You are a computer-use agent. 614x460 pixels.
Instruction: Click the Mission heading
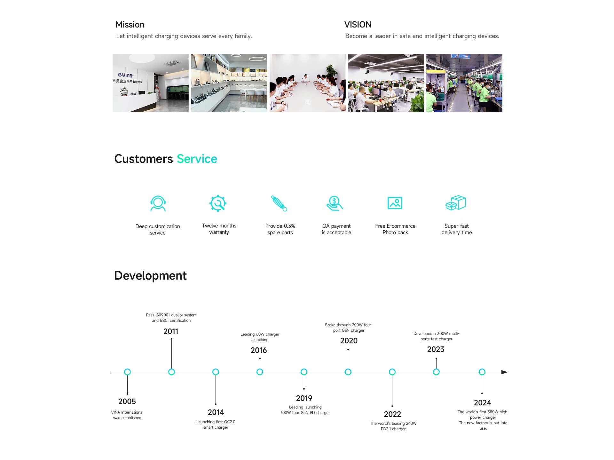coord(130,25)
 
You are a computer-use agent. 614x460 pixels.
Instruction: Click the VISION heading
coord(358,25)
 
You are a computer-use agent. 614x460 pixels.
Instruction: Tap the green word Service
coord(197,159)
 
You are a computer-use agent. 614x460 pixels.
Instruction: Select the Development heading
coord(150,276)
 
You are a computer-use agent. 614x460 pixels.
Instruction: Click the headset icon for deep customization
coord(158,203)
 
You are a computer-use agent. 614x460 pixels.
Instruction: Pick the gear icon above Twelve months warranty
coord(218,203)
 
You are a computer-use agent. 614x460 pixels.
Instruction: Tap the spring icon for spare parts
coord(279,203)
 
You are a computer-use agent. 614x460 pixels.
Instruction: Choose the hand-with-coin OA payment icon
coord(335,203)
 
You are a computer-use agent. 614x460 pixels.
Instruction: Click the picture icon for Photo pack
coord(395,203)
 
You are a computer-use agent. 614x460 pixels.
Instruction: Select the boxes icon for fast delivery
coord(456,203)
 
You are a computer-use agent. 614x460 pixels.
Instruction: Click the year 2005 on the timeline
coord(127,401)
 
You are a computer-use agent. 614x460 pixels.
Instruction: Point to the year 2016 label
coord(259,350)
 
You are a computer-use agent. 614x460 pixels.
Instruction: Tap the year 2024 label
coord(482,403)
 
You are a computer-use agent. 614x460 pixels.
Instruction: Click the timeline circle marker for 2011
coord(171,372)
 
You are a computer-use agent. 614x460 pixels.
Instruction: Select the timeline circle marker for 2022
coord(392,372)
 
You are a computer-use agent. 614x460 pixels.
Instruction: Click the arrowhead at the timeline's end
coord(504,372)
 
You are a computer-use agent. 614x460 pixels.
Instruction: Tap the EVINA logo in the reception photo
coord(125,75)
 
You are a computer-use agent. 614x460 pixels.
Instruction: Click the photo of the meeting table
coord(308,83)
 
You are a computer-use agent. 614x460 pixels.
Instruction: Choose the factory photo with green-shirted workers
coord(464,83)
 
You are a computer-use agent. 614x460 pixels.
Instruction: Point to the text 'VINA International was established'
coord(127,415)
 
